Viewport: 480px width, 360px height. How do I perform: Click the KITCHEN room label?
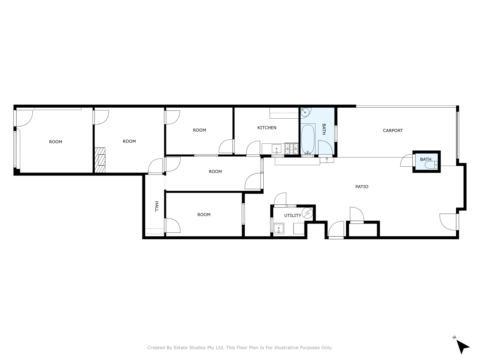[266, 128]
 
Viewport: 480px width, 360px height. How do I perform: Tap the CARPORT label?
[393, 131]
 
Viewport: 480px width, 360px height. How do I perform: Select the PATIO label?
[362, 187]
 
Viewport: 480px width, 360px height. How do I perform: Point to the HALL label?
[157, 206]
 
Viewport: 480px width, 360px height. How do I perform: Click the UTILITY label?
[292, 216]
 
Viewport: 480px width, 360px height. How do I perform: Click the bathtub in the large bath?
[308, 139]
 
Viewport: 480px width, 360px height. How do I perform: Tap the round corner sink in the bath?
[304, 112]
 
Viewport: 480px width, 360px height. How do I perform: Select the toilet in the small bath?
[431, 165]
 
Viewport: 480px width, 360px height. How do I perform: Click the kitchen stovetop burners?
[291, 148]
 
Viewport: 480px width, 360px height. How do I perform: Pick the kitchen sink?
[276, 149]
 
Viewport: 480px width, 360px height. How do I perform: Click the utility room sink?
[278, 228]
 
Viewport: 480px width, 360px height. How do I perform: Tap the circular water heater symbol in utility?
[307, 213]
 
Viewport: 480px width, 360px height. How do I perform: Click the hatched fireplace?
[100, 160]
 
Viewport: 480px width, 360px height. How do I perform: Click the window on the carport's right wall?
[457, 135]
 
